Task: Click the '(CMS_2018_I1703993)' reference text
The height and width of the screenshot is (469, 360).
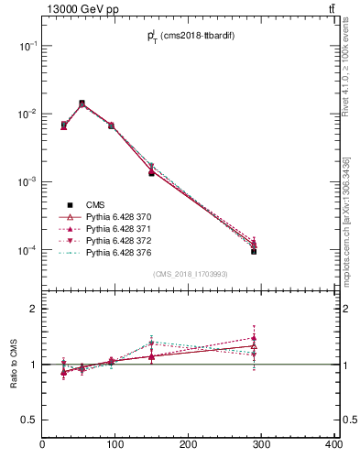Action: coord(190,273)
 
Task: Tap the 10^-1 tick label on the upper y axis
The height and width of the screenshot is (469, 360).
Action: coord(28,46)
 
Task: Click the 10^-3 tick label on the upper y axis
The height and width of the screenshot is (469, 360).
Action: coord(28,182)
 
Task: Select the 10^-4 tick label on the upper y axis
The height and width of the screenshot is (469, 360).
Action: coord(28,250)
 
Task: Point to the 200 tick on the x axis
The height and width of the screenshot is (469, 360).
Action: coord(189,445)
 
